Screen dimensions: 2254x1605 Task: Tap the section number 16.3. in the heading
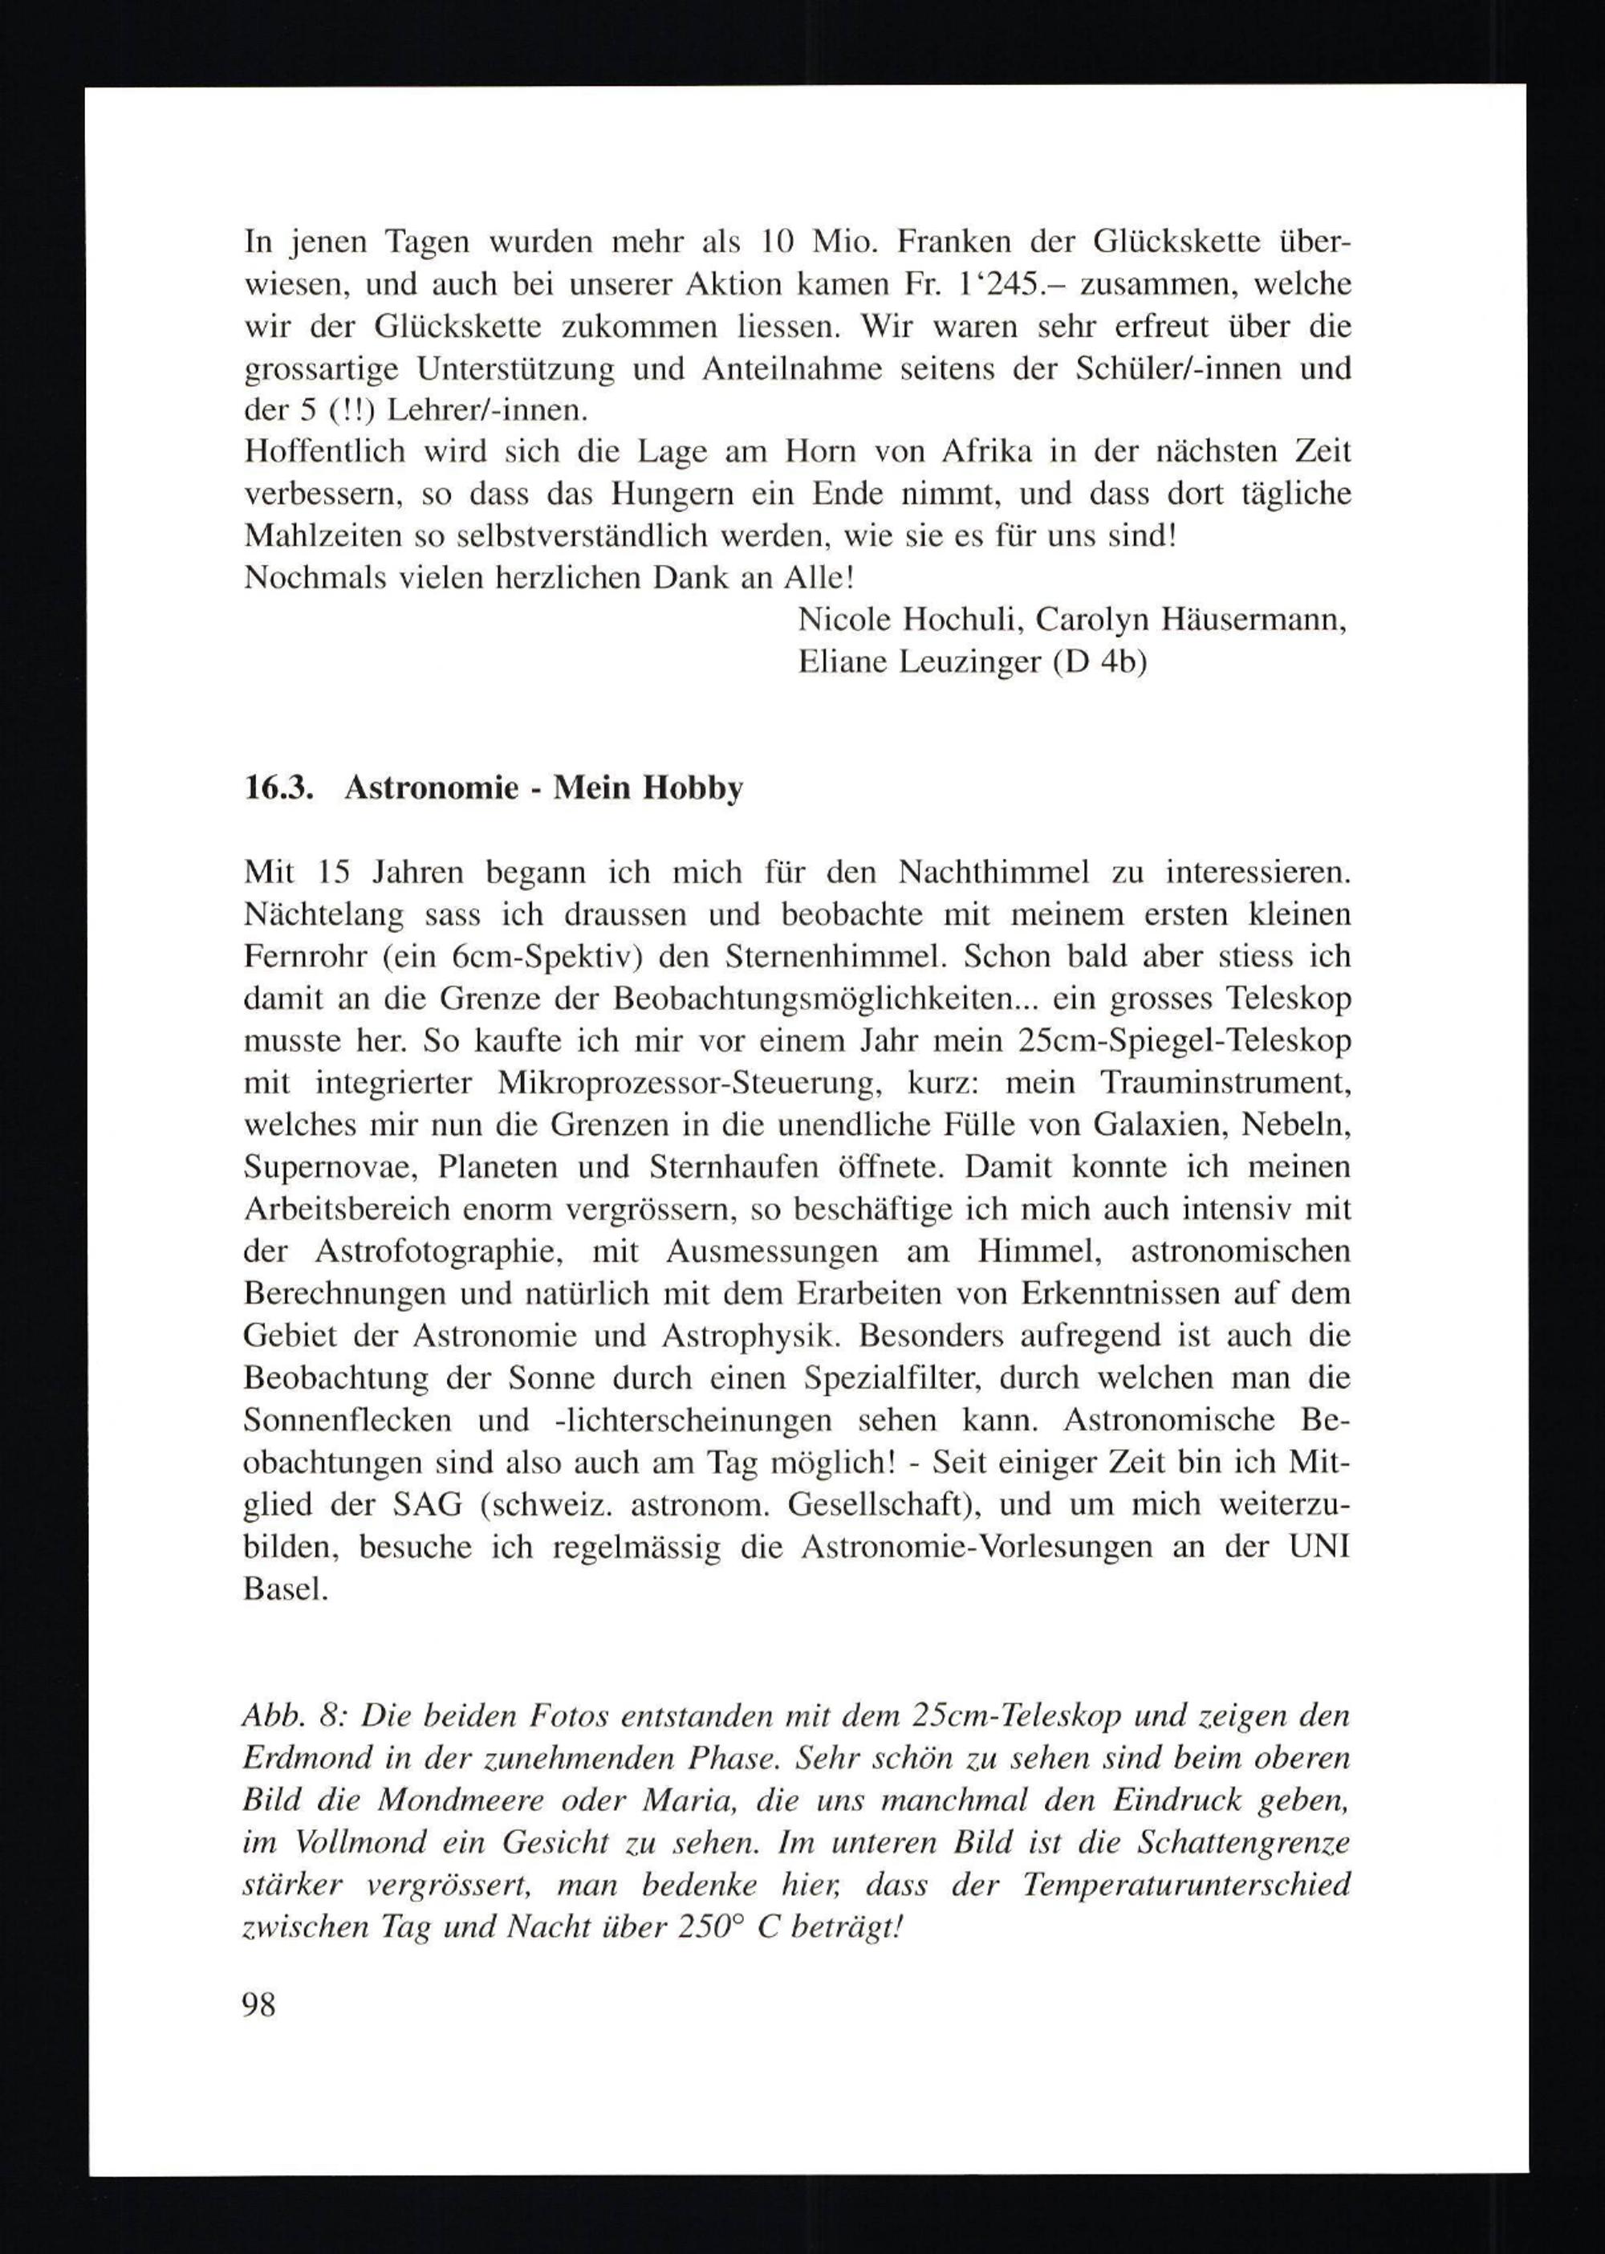(x=278, y=788)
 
